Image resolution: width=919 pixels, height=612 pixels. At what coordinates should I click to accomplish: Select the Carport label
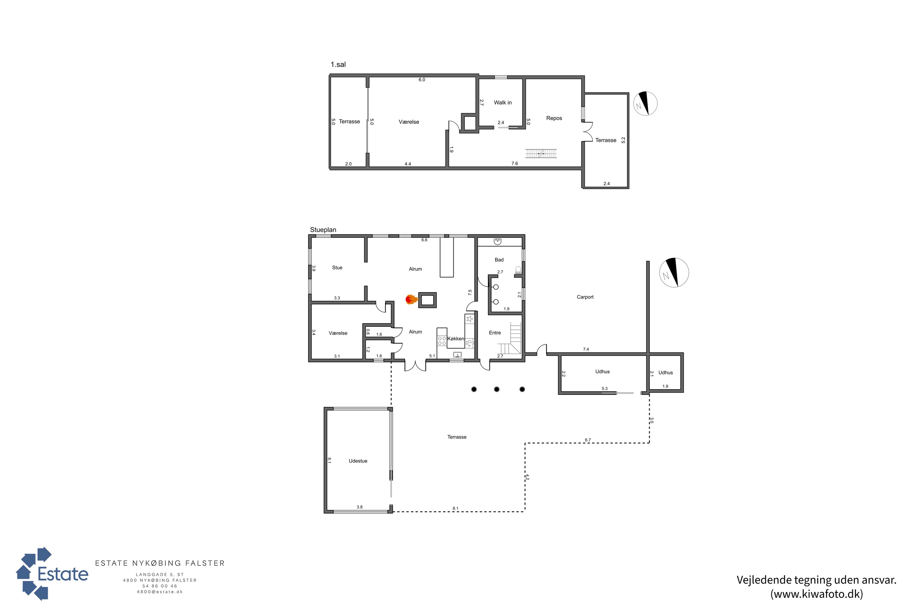tap(585, 297)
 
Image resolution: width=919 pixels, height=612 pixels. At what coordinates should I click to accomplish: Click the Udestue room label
tap(358, 461)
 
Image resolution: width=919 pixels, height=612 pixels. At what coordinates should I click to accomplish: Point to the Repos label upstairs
tap(554, 118)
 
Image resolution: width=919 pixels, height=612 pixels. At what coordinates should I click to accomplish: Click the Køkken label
tap(456, 339)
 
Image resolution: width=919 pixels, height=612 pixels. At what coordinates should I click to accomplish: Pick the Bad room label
tap(499, 260)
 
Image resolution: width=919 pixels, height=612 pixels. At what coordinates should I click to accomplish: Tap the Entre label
tap(495, 333)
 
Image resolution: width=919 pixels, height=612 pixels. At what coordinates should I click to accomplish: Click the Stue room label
tap(337, 268)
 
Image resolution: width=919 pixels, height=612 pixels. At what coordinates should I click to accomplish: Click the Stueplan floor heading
tap(323, 230)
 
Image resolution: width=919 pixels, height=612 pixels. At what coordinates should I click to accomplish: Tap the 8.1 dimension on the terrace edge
tap(455, 509)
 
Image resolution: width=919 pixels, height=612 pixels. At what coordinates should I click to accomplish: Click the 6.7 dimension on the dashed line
tap(588, 440)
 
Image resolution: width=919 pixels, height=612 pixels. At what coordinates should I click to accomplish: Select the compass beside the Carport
tap(674, 272)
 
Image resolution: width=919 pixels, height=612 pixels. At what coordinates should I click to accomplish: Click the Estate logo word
tap(63, 574)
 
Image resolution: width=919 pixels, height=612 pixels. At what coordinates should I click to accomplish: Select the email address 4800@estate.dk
tap(160, 592)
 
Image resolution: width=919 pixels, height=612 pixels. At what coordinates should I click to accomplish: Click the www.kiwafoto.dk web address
tap(817, 594)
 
